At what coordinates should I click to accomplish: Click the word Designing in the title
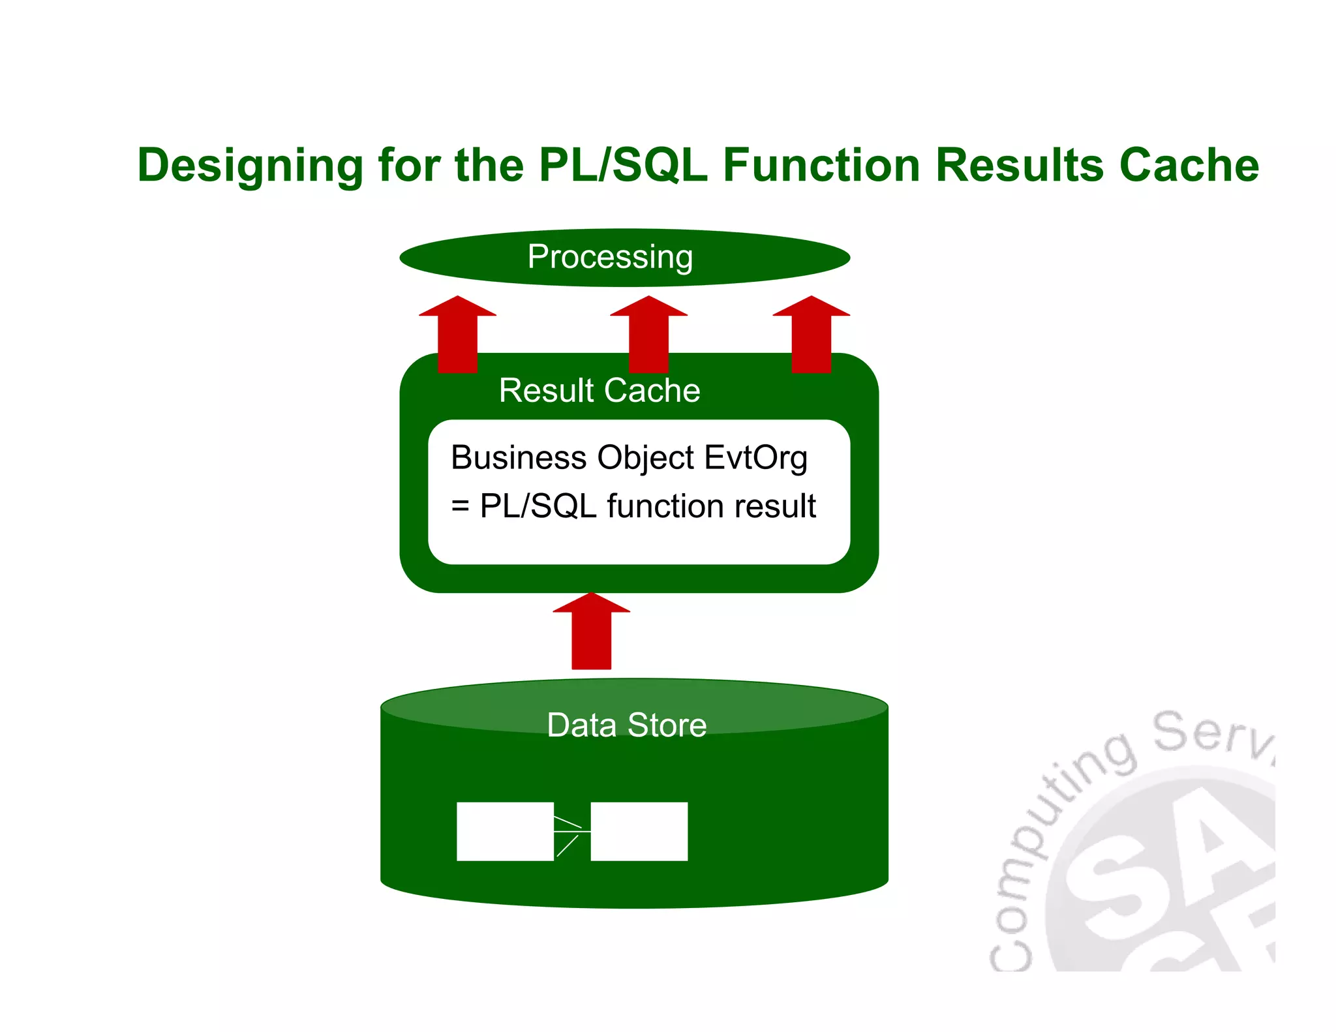tap(250, 165)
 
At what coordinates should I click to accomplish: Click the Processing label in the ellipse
tap(610, 257)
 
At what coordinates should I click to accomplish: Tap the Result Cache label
tap(599, 390)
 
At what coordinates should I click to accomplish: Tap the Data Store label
tap(626, 725)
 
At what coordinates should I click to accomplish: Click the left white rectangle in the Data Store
tap(504, 831)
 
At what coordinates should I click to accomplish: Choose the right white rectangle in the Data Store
tap(639, 831)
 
